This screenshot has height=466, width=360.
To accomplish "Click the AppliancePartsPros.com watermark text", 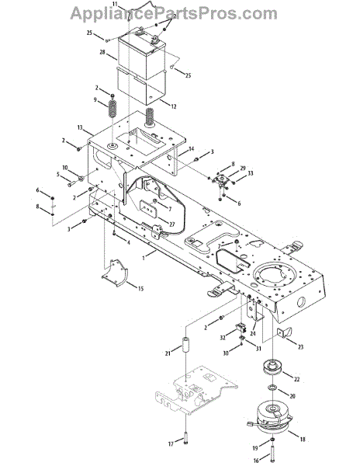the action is [174, 13].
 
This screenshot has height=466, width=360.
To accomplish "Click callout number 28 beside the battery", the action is [102, 52].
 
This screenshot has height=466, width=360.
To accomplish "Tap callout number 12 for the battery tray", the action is [173, 106].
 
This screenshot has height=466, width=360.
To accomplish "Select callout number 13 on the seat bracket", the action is [80, 127].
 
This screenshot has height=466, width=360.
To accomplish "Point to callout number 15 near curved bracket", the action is [140, 288].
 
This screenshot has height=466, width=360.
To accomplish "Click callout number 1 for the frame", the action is [144, 258].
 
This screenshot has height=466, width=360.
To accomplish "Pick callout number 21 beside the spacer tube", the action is [168, 353].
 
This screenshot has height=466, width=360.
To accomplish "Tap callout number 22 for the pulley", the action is [296, 379].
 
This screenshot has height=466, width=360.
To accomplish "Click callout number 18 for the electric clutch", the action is [303, 439].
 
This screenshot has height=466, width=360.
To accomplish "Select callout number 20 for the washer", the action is [292, 396].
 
